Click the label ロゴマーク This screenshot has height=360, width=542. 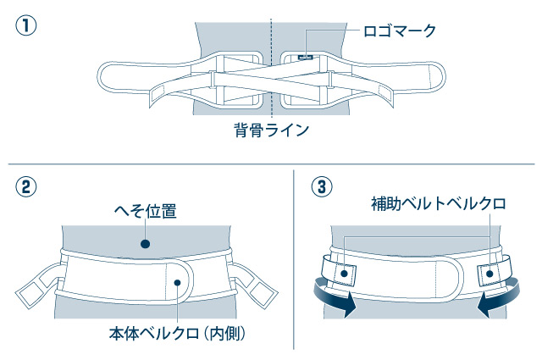point(399,32)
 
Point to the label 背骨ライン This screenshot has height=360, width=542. point(272,130)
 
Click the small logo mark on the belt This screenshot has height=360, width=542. point(305,58)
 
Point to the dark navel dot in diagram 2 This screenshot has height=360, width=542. point(145,244)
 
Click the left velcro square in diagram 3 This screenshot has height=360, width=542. point(344,273)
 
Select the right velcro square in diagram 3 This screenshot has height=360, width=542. point(490,273)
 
